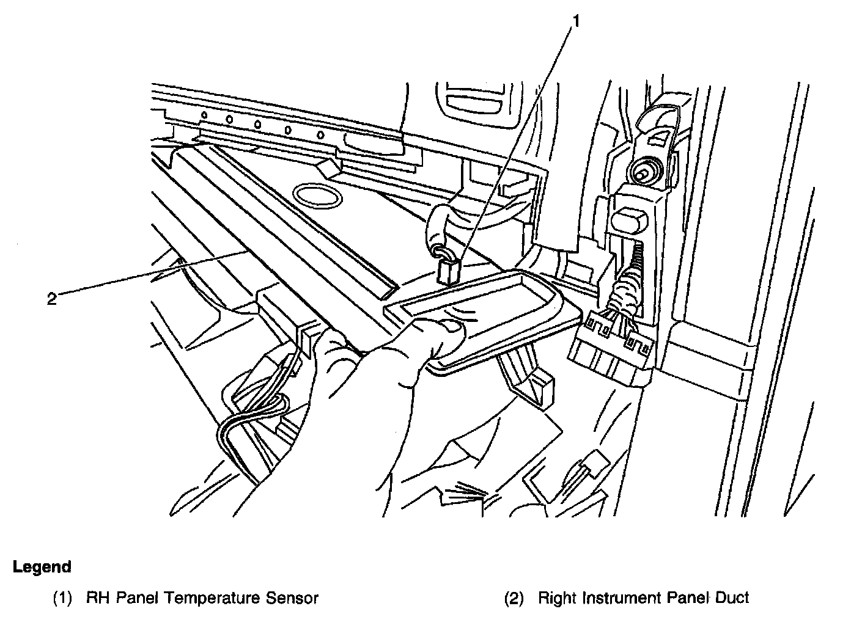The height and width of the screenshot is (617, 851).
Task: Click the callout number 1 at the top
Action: click(575, 21)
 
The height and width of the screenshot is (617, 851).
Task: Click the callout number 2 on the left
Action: click(52, 299)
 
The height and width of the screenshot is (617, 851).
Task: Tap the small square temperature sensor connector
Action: click(449, 271)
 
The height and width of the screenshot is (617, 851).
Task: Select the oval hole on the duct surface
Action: click(317, 195)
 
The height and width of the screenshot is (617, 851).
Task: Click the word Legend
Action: click(42, 567)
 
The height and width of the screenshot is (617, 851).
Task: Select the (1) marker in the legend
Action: click(63, 598)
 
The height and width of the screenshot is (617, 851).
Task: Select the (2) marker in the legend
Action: click(514, 598)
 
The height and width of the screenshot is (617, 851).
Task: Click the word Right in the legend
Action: click(558, 597)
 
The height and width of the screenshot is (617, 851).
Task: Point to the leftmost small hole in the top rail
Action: click(205, 115)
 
